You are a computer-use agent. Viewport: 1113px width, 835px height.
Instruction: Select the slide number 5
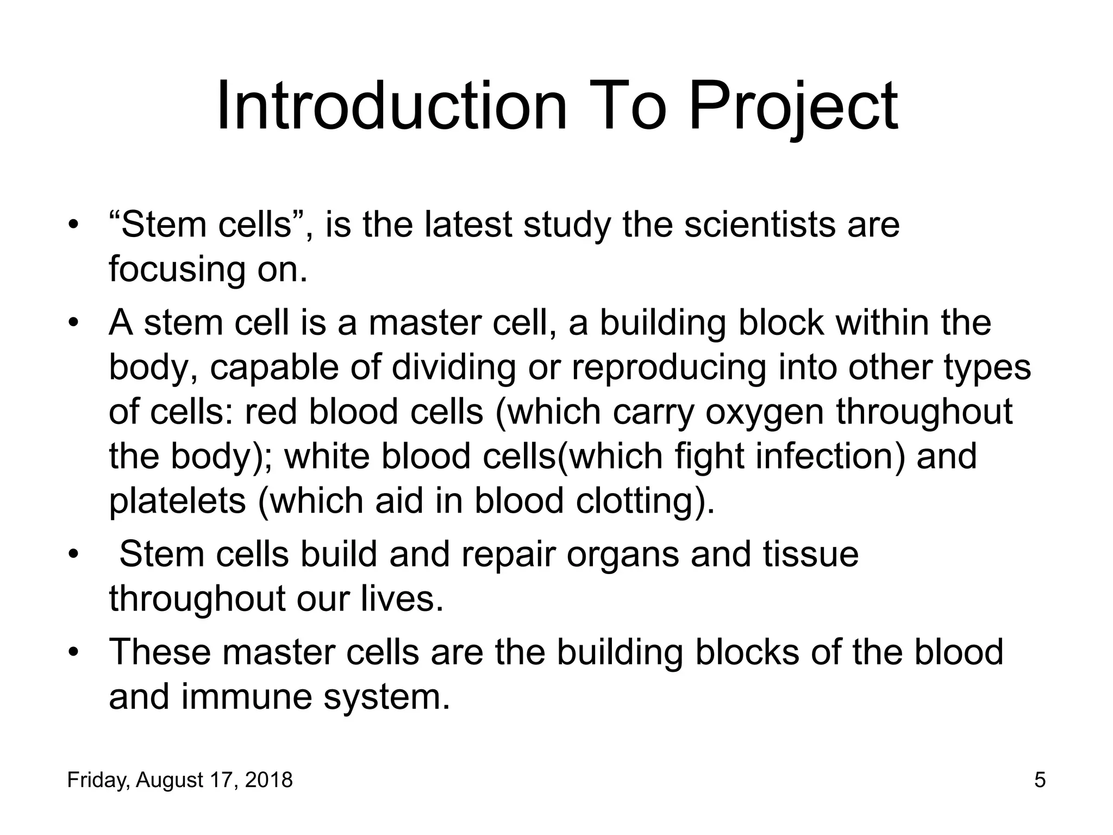pos(1040,780)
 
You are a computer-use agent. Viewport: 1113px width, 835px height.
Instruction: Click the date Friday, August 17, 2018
pos(180,780)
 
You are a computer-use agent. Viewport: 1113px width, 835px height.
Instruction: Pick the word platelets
pos(177,500)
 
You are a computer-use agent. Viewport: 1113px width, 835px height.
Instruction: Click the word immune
pos(247,697)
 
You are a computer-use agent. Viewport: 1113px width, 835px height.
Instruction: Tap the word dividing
pos(454,367)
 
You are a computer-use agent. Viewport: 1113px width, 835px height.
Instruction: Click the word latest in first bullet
pos(468,225)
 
